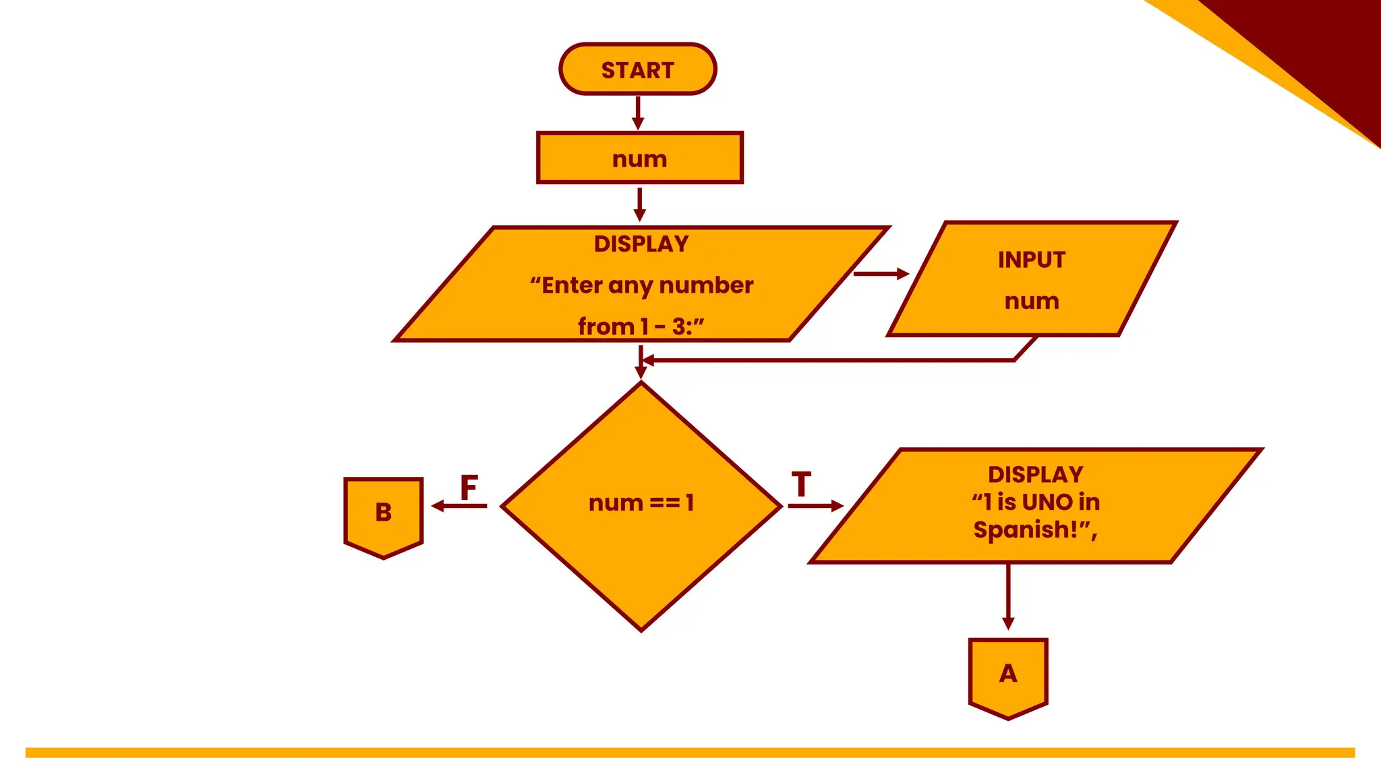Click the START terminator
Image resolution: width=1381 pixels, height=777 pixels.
(637, 69)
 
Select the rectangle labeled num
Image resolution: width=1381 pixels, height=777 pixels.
(639, 158)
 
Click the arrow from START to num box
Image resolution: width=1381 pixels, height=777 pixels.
(638, 113)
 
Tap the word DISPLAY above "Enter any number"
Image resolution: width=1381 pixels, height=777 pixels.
(641, 243)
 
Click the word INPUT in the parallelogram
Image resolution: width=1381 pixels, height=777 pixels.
(1032, 260)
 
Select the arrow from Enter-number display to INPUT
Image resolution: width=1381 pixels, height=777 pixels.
(881, 274)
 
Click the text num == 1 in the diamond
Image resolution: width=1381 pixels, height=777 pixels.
(641, 502)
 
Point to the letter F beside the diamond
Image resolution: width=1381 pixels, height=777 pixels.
(469, 486)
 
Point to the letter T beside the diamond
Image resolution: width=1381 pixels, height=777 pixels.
(801, 484)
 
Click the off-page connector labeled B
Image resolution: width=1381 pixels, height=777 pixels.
(383, 515)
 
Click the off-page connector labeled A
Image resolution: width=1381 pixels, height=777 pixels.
(1008, 676)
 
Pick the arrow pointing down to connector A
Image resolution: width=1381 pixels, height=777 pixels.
(1008, 596)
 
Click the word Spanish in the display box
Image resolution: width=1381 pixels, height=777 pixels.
(1022, 530)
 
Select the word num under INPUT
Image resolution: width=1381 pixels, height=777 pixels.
(1032, 301)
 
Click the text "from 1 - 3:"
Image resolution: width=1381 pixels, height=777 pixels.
(641, 326)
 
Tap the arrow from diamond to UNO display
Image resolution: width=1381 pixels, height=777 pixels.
(815, 506)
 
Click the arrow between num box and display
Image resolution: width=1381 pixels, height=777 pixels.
(640, 204)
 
